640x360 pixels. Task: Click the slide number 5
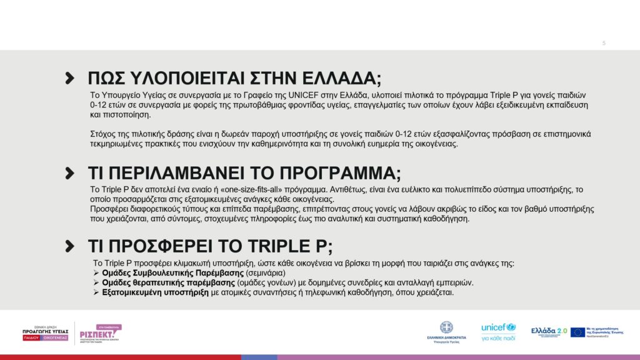(604, 43)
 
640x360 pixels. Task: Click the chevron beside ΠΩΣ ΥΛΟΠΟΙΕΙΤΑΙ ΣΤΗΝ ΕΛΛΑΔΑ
(70, 78)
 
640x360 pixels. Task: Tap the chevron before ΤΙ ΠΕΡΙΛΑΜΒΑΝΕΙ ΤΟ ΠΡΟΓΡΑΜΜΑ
(70, 173)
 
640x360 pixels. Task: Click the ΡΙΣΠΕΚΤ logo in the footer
(100, 334)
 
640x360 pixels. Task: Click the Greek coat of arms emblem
(446, 327)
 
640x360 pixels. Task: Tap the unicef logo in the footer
(498, 327)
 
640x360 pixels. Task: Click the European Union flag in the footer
(577, 332)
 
